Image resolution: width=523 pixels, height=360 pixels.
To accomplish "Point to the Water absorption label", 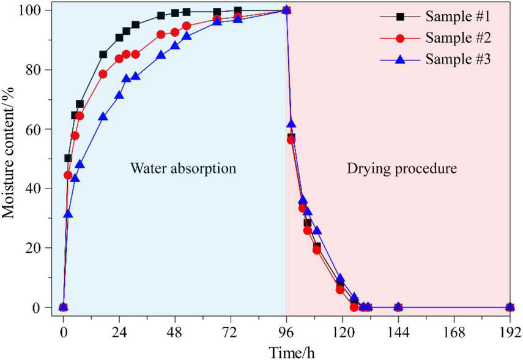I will tap(183, 168).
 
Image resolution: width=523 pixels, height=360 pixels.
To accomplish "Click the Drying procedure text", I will tap(401, 168).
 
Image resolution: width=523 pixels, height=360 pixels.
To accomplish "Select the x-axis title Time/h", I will tap(285, 352).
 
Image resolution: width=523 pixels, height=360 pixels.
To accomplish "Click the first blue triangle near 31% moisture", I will tap(68, 214).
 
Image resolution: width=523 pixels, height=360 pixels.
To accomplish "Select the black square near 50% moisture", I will tap(68, 158).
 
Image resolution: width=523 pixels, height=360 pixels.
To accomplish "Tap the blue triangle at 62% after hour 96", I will tap(292, 124).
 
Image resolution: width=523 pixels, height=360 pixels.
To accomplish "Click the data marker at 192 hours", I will tap(510, 307).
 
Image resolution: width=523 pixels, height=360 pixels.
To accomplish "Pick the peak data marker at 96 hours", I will tap(286, 10).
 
